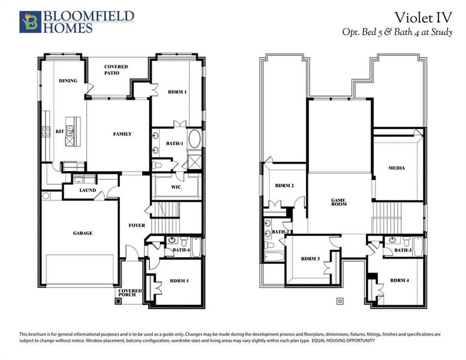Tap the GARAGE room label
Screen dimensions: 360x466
tap(83, 233)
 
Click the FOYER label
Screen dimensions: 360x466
tap(136, 226)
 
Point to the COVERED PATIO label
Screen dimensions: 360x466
tap(116, 70)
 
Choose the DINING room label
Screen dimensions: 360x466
tap(68, 80)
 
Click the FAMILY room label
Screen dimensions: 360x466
tap(122, 134)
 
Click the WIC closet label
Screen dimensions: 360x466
tap(176, 187)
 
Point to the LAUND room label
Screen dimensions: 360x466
tap(88, 190)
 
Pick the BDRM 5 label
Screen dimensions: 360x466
tap(179, 280)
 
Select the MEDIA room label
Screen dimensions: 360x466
tap(396, 168)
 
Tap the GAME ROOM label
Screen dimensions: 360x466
tap(340, 202)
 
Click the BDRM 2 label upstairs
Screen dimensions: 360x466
tap(284, 186)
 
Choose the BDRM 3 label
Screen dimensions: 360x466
tap(309, 258)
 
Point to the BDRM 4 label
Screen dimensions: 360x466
tap(399, 280)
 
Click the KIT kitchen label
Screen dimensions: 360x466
tap(60, 131)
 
